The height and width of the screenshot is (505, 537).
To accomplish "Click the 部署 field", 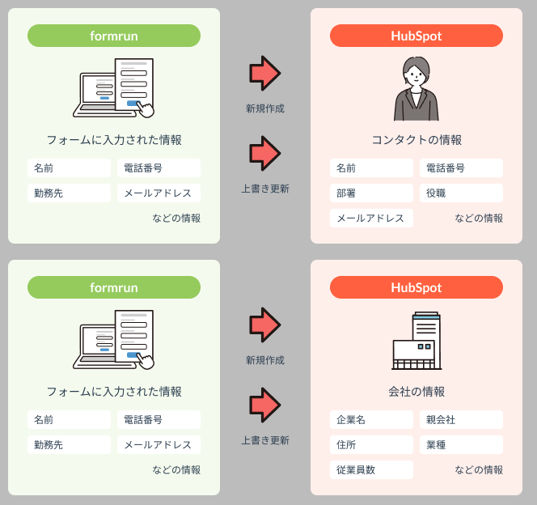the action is point(371,193).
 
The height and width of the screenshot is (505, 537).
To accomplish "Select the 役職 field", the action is point(461,193).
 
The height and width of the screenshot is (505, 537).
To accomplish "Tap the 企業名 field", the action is point(371,420).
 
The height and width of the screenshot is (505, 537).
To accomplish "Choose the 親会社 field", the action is point(461,420).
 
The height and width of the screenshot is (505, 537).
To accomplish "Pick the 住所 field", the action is point(371,444).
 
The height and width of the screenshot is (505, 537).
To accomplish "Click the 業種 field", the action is point(461,444).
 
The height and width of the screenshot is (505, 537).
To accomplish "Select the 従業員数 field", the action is point(371,469).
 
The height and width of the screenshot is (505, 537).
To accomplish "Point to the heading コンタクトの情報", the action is point(416,140).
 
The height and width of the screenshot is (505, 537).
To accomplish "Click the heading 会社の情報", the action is point(416,392).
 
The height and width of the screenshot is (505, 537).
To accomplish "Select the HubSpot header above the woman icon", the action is point(416,36).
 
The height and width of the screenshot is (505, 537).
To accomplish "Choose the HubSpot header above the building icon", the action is point(416,287).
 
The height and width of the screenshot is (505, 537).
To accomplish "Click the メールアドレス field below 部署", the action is point(371,218).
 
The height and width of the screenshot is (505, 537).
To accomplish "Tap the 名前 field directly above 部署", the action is point(371,168).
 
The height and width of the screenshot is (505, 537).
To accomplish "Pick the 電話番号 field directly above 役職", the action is point(461,168).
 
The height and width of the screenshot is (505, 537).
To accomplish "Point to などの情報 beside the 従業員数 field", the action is point(479,469).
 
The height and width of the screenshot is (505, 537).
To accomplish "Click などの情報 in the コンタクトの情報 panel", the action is point(479,218).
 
